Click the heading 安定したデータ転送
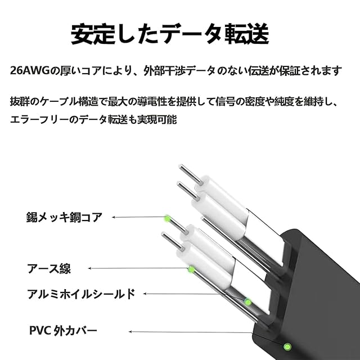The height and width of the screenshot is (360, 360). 169,34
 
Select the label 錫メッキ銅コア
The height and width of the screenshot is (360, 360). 64,217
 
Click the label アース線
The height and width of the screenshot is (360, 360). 49,268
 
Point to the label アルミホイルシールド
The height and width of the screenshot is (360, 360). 81,293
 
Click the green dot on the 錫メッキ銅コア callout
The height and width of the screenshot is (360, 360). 166,218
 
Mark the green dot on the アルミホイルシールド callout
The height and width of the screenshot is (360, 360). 247,301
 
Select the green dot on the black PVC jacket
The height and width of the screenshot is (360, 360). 287,346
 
